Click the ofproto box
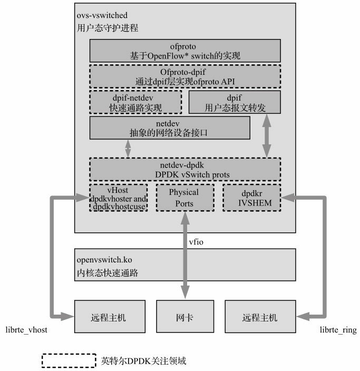pyautogui.click(x=184, y=51)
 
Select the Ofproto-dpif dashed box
pyautogui.click(x=184, y=76)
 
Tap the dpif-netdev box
pyautogui.click(x=136, y=102)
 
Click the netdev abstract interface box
pyautogui.click(x=170, y=128)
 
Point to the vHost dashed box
pyautogui.click(x=118, y=198)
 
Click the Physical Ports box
pyautogui.click(x=184, y=198)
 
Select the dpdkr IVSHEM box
pyautogui.click(x=251, y=198)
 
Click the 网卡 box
pyautogui.click(x=184, y=318)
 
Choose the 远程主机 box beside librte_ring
pyautogui.click(x=259, y=318)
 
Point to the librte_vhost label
pyautogui.click(x=26, y=330)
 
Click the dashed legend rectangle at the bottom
pyautogui.click(x=69, y=361)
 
